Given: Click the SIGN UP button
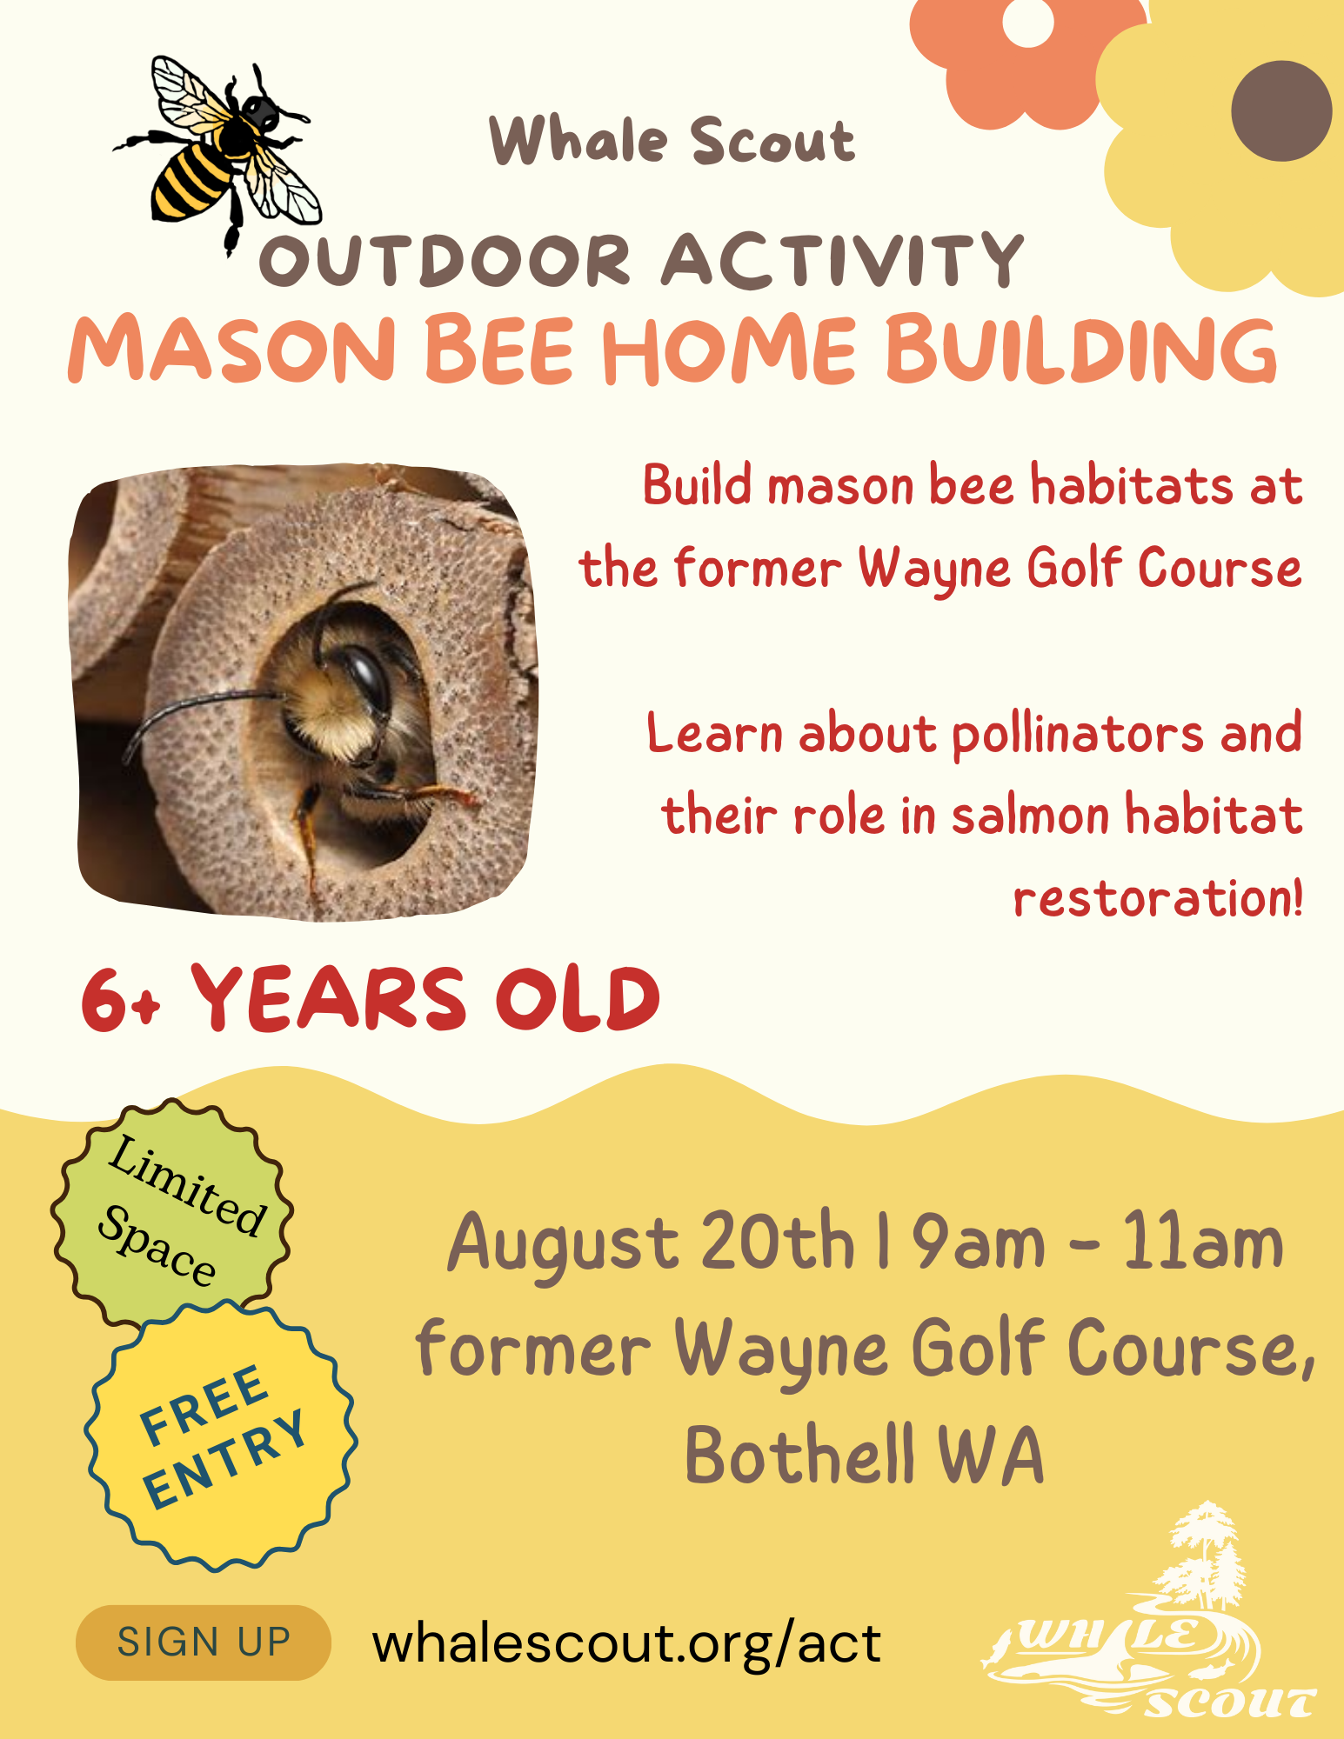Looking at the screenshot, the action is click(x=204, y=1642).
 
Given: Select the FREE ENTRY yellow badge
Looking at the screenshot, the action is click(x=221, y=1436).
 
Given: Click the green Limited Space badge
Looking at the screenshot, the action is click(x=172, y=1212).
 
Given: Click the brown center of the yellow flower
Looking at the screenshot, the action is click(x=1280, y=110).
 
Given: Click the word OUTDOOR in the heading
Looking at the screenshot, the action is click(x=445, y=260).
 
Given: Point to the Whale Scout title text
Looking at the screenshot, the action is click(x=672, y=140).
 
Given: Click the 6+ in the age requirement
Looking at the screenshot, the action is click(x=121, y=1000).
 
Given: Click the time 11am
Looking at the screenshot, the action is click(x=1203, y=1242).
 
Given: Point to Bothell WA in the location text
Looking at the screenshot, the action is click(x=865, y=1454).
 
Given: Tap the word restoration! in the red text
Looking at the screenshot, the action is click(x=1158, y=897).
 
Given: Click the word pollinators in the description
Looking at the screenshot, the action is click(x=1078, y=736).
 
